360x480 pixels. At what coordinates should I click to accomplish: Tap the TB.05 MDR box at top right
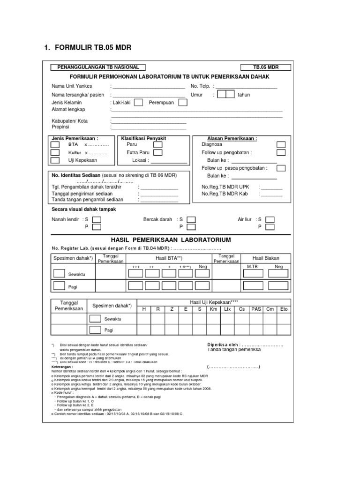[x=265, y=67]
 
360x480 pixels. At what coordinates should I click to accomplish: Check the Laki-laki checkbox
[x=139, y=102]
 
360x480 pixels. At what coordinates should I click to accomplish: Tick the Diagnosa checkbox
[x=281, y=144]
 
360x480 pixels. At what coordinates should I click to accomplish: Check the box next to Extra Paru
[x=158, y=152]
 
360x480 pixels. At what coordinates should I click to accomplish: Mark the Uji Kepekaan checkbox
[x=55, y=160]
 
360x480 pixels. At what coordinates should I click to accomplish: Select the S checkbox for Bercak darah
[x=191, y=219]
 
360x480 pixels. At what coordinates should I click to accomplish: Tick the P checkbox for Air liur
[x=270, y=227]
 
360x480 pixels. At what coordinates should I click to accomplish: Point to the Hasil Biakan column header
[x=266, y=258]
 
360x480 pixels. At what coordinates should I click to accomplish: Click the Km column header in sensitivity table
[x=214, y=309]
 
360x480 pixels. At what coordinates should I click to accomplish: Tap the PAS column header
[x=256, y=309]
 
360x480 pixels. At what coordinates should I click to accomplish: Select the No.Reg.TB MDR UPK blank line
[x=271, y=187]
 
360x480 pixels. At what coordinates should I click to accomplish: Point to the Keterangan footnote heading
[x=62, y=367]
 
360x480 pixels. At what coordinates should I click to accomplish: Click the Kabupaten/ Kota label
[x=69, y=121]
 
